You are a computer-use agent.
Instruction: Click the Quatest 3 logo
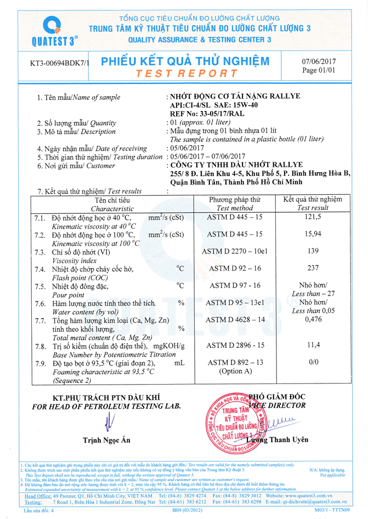tap(54, 30)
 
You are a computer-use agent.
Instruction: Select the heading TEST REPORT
tap(186, 74)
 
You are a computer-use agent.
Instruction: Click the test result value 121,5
tap(313, 218)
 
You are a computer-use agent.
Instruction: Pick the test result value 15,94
tap(313, 235)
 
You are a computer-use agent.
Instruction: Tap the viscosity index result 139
tap(313, 251)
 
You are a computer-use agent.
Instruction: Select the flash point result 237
tap(313, 268)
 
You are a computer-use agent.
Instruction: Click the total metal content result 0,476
tap(313, 319)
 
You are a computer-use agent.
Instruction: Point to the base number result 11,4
tap(313, 346)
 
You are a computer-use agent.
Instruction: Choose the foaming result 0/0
tap(313, 362)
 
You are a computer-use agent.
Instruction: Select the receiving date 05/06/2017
tap(186, 148)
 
